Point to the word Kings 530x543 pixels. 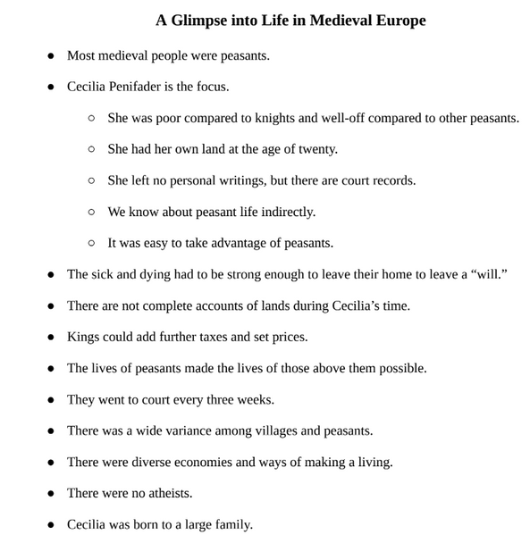pyautogui.click(x=84, y=337)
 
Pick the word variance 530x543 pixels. pyautogui.click(x=183, y=430)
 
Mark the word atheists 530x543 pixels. pyautogui.click(x=166, y=493)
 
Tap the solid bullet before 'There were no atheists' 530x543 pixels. pyautogui.click(x=49, y=493)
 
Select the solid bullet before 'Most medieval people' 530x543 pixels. pyautogui.click(x=49, y=55)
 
